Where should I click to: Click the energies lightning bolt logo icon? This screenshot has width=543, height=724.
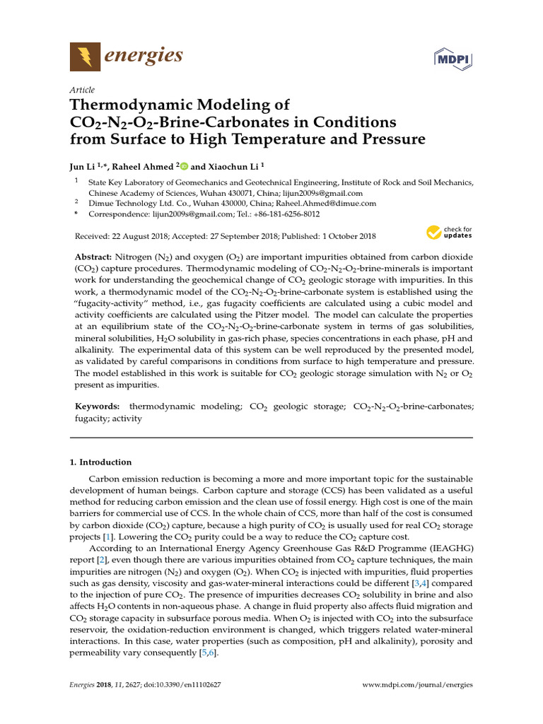[x=85, y=56]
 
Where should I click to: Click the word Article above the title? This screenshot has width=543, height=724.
[x=83, y=90]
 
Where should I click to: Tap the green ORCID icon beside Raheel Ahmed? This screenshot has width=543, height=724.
[x=184, y=167]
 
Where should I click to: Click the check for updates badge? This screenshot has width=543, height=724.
[x=449, y=232]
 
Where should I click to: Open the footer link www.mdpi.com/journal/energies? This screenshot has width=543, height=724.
[x=416, y=685]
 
